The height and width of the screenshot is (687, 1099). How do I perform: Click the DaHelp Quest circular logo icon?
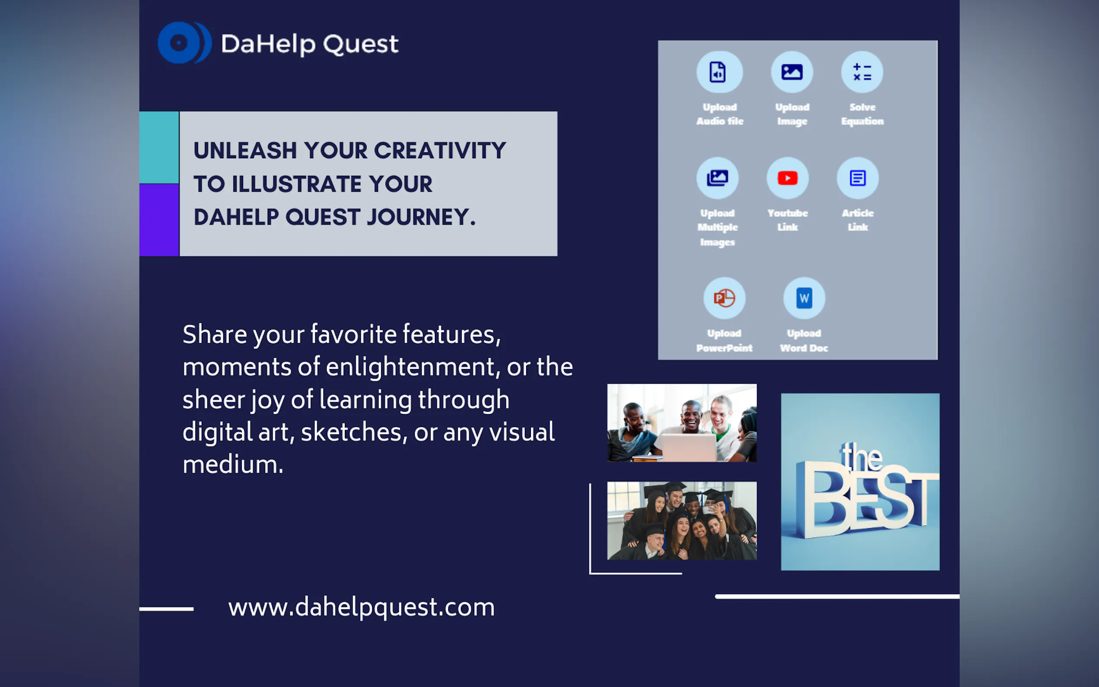click(x=184, y=43)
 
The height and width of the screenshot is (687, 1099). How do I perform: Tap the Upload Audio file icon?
click(x=719, y=72)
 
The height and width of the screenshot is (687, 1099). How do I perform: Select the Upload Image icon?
click(x=792, y=72)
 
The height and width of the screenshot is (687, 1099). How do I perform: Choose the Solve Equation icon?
click(x=862, y=72)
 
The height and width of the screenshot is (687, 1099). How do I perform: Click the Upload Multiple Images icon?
click(x=717, y=178)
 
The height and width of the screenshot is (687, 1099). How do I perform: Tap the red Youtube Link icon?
click(x=787, y=178)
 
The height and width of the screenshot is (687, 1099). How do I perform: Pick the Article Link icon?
click(x=857, y=178)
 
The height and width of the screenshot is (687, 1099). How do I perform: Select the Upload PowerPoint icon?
click(x=724, y=299)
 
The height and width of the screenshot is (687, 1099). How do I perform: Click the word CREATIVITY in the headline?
click(x=440, y=151)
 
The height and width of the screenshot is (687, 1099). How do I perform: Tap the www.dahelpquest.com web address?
click(x=361, y=607)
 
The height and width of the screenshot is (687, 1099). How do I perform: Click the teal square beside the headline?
click(x=159, y=147)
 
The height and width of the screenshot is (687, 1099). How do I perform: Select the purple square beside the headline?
click(x=159, y=220)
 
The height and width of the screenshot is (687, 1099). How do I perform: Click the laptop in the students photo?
click(x=689, y=446)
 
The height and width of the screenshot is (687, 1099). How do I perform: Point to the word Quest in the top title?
click(x=361, y=44)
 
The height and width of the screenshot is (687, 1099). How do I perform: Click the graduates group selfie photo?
click(x=682, y=521)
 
